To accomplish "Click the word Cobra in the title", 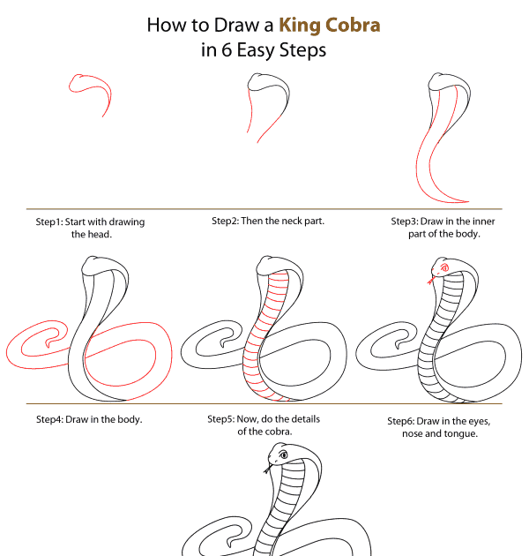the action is coord(353,26).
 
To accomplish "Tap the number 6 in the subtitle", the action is coord(227,49).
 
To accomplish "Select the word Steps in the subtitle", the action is coord(303,50).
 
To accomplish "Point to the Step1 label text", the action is coord(48,222).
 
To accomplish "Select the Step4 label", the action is coord(49,419).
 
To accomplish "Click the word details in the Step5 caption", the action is coord(304,419).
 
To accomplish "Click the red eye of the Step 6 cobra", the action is coord(444,267).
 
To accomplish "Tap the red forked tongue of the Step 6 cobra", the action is coord(431,280).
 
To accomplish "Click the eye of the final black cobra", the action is coord(283,455).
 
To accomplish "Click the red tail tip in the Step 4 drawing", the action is coord(48,343).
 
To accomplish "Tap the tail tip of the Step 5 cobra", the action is coord(222,343).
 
